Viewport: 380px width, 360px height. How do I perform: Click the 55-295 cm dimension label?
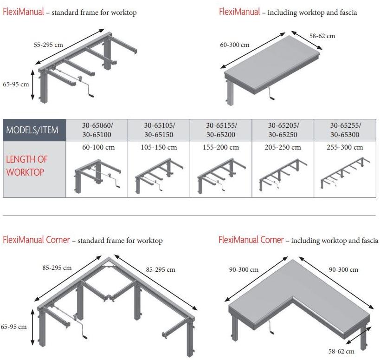48,45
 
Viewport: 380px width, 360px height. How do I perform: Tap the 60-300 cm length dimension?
234,45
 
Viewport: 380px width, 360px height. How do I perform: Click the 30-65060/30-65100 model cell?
97,130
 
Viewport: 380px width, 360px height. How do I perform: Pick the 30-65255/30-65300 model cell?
345,130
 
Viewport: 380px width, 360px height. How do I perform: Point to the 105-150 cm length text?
159,147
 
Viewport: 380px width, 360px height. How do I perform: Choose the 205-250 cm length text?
283,147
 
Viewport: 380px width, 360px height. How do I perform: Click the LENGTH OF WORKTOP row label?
26,166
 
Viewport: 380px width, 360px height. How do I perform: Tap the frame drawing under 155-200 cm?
221,175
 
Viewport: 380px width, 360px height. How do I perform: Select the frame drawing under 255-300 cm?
345,172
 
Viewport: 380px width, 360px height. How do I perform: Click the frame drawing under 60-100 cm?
98,176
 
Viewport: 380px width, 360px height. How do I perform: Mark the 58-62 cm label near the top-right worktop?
322,36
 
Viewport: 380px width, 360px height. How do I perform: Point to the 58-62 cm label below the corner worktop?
341,351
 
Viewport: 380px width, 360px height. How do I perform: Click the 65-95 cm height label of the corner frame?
13,327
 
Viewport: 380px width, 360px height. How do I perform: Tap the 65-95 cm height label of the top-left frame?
16,84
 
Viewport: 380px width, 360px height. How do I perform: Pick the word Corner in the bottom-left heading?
58,240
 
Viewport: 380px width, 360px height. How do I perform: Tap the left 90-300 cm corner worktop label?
244,269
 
